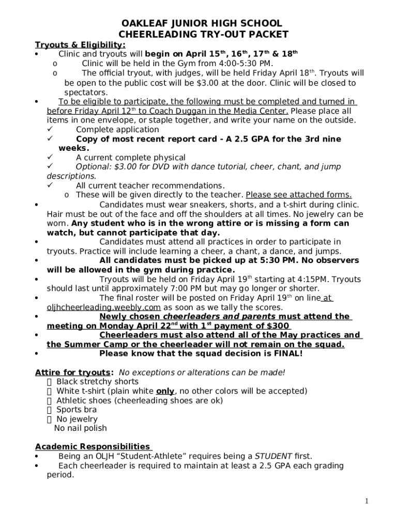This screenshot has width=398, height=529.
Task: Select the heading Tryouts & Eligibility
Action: (80, 44)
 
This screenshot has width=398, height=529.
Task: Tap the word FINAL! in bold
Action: (285, 354)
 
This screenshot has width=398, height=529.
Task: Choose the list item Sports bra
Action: (76, 410)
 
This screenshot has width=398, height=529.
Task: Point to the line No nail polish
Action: (81, 428)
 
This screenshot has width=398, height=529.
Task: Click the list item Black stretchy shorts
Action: (97, 382)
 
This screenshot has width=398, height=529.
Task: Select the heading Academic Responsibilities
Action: (92, 447)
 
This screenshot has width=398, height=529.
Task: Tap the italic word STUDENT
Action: (273, 456)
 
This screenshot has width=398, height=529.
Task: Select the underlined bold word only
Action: (165, 391)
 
